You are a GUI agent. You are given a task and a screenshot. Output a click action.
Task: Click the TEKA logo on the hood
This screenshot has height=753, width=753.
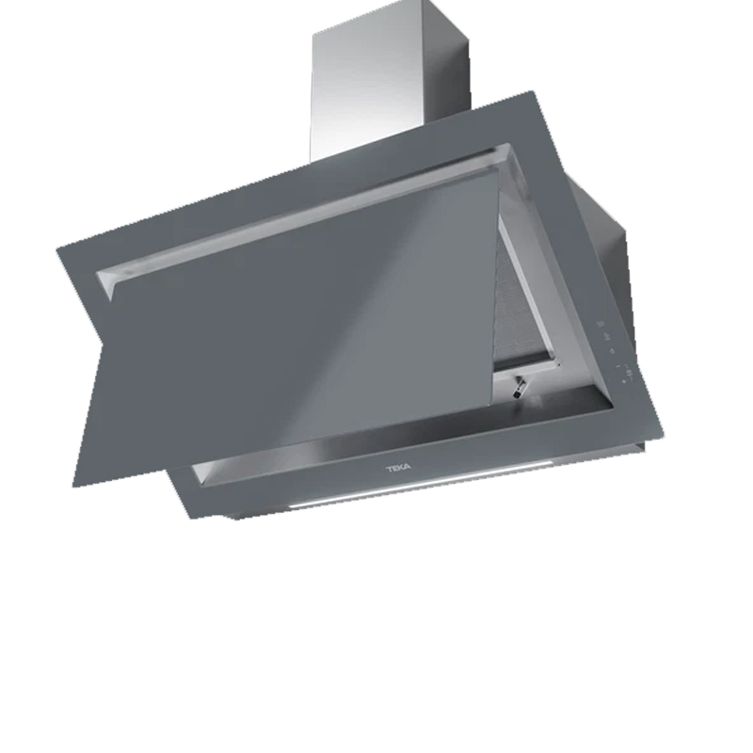coord(398,467)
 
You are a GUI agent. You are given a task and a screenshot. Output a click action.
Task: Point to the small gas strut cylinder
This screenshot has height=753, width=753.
coord(520,387)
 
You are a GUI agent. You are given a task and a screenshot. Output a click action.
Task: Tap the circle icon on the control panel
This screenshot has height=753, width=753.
coord(612,350)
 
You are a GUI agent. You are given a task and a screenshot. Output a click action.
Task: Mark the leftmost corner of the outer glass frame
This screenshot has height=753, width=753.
coord(56,248)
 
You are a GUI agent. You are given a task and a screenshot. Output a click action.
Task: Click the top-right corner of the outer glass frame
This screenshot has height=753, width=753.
coord(532,90)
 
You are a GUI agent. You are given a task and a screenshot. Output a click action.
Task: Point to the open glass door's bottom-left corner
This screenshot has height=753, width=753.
coord(73,486)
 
